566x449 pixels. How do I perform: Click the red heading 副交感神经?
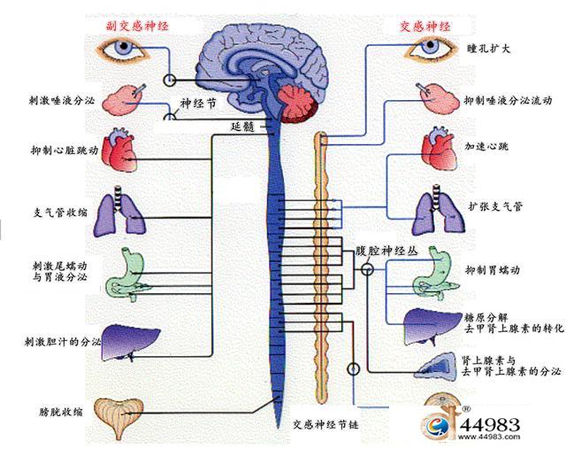pyautogui.click(x=137, y=26)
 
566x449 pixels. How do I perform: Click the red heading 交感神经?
pyautogui.click(x=425, y=27)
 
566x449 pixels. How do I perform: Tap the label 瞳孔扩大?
pyautogui.click(x=489, y=49)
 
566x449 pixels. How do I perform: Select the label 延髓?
pyautogui.click(x=243, y=127)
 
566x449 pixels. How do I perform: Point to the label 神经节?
pyautogui.click(x=198, y=104)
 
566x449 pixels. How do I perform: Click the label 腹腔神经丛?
pyautogui.click(x=386, y=251)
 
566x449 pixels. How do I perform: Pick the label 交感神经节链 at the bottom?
pyautogui.click(x=325, y=424)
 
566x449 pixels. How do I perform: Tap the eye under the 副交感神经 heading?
pyautogui.click(x=124, y=50)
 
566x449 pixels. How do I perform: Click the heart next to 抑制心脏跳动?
pyautogui.click(x=119, y=150)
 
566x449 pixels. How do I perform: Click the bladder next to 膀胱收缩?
pyautogui.click(x=119, y=418)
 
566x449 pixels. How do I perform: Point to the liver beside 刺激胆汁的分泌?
pyautogui.click(x=130, y=343)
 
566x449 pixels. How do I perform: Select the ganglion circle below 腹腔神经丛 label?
pyautogui.click(x=368, y=270)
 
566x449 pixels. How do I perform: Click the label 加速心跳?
pyautogui.click(x=486, y=146)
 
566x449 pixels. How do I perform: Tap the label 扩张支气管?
pyautogui.click(x=495, y=206)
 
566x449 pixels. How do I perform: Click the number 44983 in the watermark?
pyautogui.click(x=490, y=425)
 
